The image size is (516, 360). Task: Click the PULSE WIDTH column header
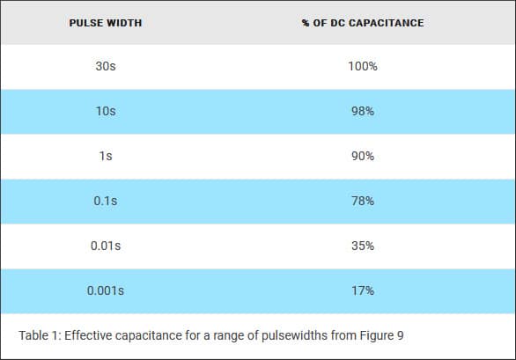click(x=106, y=23)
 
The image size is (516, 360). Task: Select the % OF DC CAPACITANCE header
click(x=363, y=23)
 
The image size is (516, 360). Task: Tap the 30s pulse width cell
click(x=106, y=66)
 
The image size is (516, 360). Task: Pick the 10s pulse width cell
click(x=106, y=111)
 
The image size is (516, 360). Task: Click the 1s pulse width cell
click(x=106, y=156)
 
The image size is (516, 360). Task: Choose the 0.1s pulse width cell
click(x=106, y=201)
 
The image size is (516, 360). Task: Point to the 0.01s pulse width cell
click(x=106, y=246)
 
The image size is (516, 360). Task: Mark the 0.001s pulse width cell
click(x=106, y=290)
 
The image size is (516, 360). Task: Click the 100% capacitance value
click(x=363, y=66)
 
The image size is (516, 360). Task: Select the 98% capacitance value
click(x=363, y=111)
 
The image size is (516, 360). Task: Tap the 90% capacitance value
click(x=363, y=156)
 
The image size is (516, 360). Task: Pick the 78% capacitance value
click(x=363, y=201)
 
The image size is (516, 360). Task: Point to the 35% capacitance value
click(x=363, y=246)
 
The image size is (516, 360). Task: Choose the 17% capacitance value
click(x=363, y=290)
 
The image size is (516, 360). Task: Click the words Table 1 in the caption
click(x=40, y=335)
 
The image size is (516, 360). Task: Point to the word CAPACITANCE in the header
click(x=386, y=23)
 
